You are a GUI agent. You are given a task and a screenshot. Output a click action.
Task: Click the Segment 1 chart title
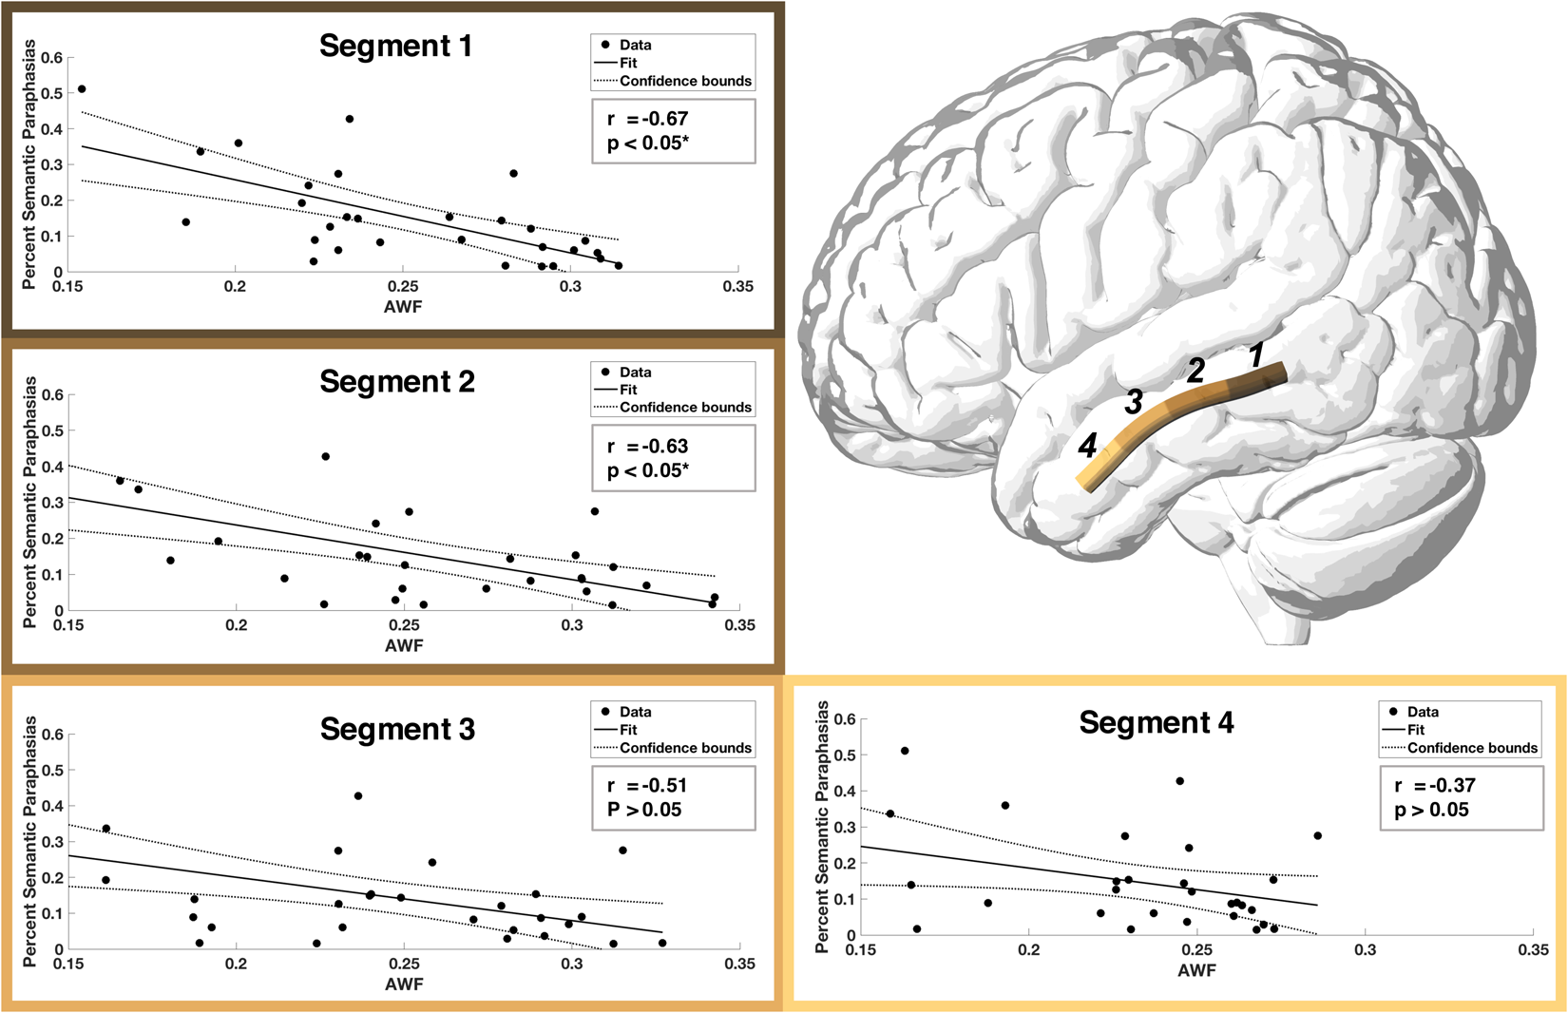395,46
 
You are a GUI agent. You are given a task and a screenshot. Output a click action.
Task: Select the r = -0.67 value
647,119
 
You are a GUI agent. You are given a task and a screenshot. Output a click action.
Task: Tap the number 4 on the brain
1087,446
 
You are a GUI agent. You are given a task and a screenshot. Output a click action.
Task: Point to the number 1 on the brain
1256,355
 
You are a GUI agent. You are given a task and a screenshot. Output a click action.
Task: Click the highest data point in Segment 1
82,89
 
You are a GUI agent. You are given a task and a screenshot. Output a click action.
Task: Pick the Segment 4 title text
1156,723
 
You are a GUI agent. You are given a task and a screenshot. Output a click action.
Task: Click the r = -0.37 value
1434,786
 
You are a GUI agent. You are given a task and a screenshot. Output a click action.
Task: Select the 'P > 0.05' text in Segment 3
643,811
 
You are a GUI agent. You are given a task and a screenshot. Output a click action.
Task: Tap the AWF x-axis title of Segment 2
404,646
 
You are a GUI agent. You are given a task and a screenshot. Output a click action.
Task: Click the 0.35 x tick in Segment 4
1533,949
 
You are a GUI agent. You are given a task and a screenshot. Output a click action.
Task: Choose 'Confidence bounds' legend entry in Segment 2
685,408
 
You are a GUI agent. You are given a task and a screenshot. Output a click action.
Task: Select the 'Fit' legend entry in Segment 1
628,63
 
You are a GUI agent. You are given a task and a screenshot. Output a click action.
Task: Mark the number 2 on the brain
1195,371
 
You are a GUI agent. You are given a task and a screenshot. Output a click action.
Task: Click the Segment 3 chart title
397,730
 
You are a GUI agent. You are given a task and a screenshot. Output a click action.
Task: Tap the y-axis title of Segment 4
823,827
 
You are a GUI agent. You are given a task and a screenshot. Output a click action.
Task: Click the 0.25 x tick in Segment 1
403,287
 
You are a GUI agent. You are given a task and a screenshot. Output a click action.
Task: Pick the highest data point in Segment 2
326,457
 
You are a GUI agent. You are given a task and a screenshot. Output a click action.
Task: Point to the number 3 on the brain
1133,402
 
